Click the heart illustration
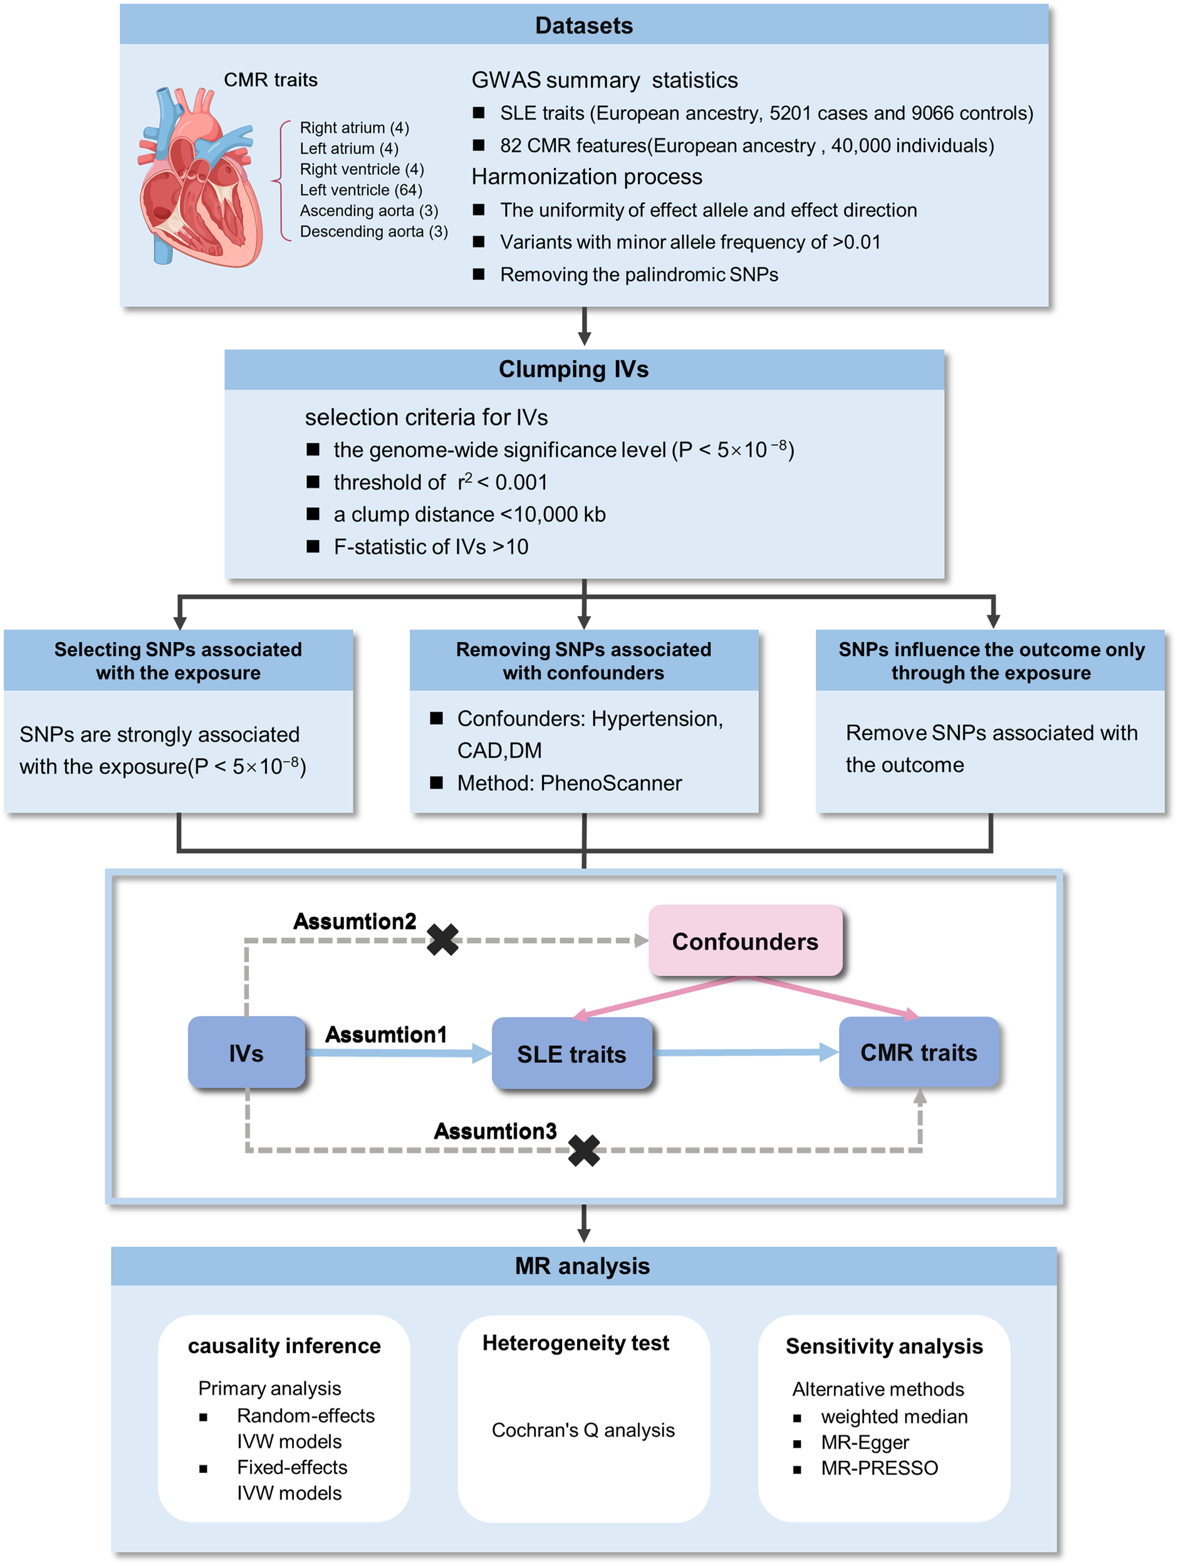201,177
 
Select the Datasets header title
584,26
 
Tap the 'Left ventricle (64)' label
360,190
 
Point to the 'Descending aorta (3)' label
373,232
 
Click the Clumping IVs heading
573,369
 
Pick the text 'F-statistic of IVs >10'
430,547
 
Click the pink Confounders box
745,941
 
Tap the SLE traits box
571,1054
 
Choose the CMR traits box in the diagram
918,1052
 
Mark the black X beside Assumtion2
443,940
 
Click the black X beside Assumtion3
584,1151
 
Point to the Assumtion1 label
386,1034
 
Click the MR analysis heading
582,1266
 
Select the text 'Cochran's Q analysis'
583,1430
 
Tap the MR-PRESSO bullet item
879,1468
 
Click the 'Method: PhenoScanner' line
569,783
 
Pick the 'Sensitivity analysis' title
884,1346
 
